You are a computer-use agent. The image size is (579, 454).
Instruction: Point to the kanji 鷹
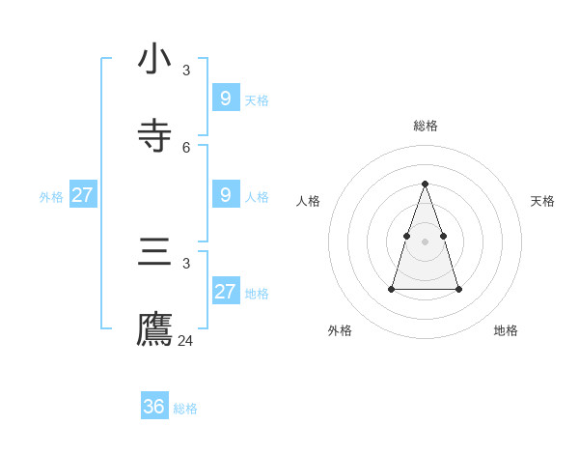tap(154, 328)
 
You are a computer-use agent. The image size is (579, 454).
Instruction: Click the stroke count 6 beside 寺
tap(186, 148)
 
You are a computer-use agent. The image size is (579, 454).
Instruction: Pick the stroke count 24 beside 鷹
tap(185, 340)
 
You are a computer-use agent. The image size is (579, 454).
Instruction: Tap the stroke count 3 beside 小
tap(186, 70)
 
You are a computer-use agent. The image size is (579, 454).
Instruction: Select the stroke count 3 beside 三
tap(186, 263)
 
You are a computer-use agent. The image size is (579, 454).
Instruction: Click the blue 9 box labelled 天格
tap(225, 98)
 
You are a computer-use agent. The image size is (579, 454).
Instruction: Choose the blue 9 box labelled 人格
tap(225, 194)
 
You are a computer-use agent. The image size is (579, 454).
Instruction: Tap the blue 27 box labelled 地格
tap(225, 291)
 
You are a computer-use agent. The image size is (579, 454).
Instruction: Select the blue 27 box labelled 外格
tap(82, 194)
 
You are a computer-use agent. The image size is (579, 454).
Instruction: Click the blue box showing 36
tap(154, 407)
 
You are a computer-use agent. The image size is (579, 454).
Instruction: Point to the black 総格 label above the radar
tap(426, 126)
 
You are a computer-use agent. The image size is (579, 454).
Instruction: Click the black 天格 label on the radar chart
tap(542, 201)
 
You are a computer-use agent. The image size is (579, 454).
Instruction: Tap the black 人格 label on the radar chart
tap(308, 201)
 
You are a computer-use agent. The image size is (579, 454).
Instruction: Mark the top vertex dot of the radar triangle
tap(425, 184)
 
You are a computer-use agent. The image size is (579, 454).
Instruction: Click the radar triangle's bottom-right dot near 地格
tap(458, 289)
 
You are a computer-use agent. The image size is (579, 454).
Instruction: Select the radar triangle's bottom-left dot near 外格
tap(392, 289)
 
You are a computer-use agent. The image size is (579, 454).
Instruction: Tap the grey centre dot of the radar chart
tap(425, 241)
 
